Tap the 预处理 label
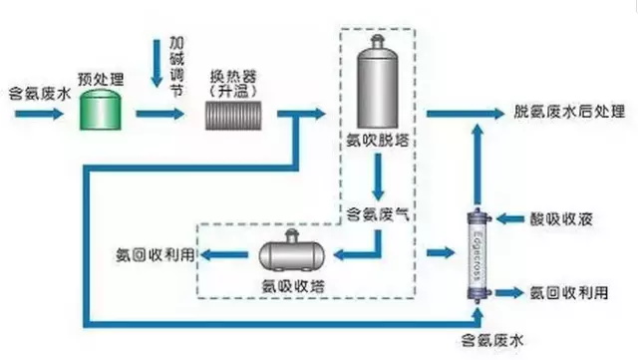(98, 77)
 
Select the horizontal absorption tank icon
(293, 254)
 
